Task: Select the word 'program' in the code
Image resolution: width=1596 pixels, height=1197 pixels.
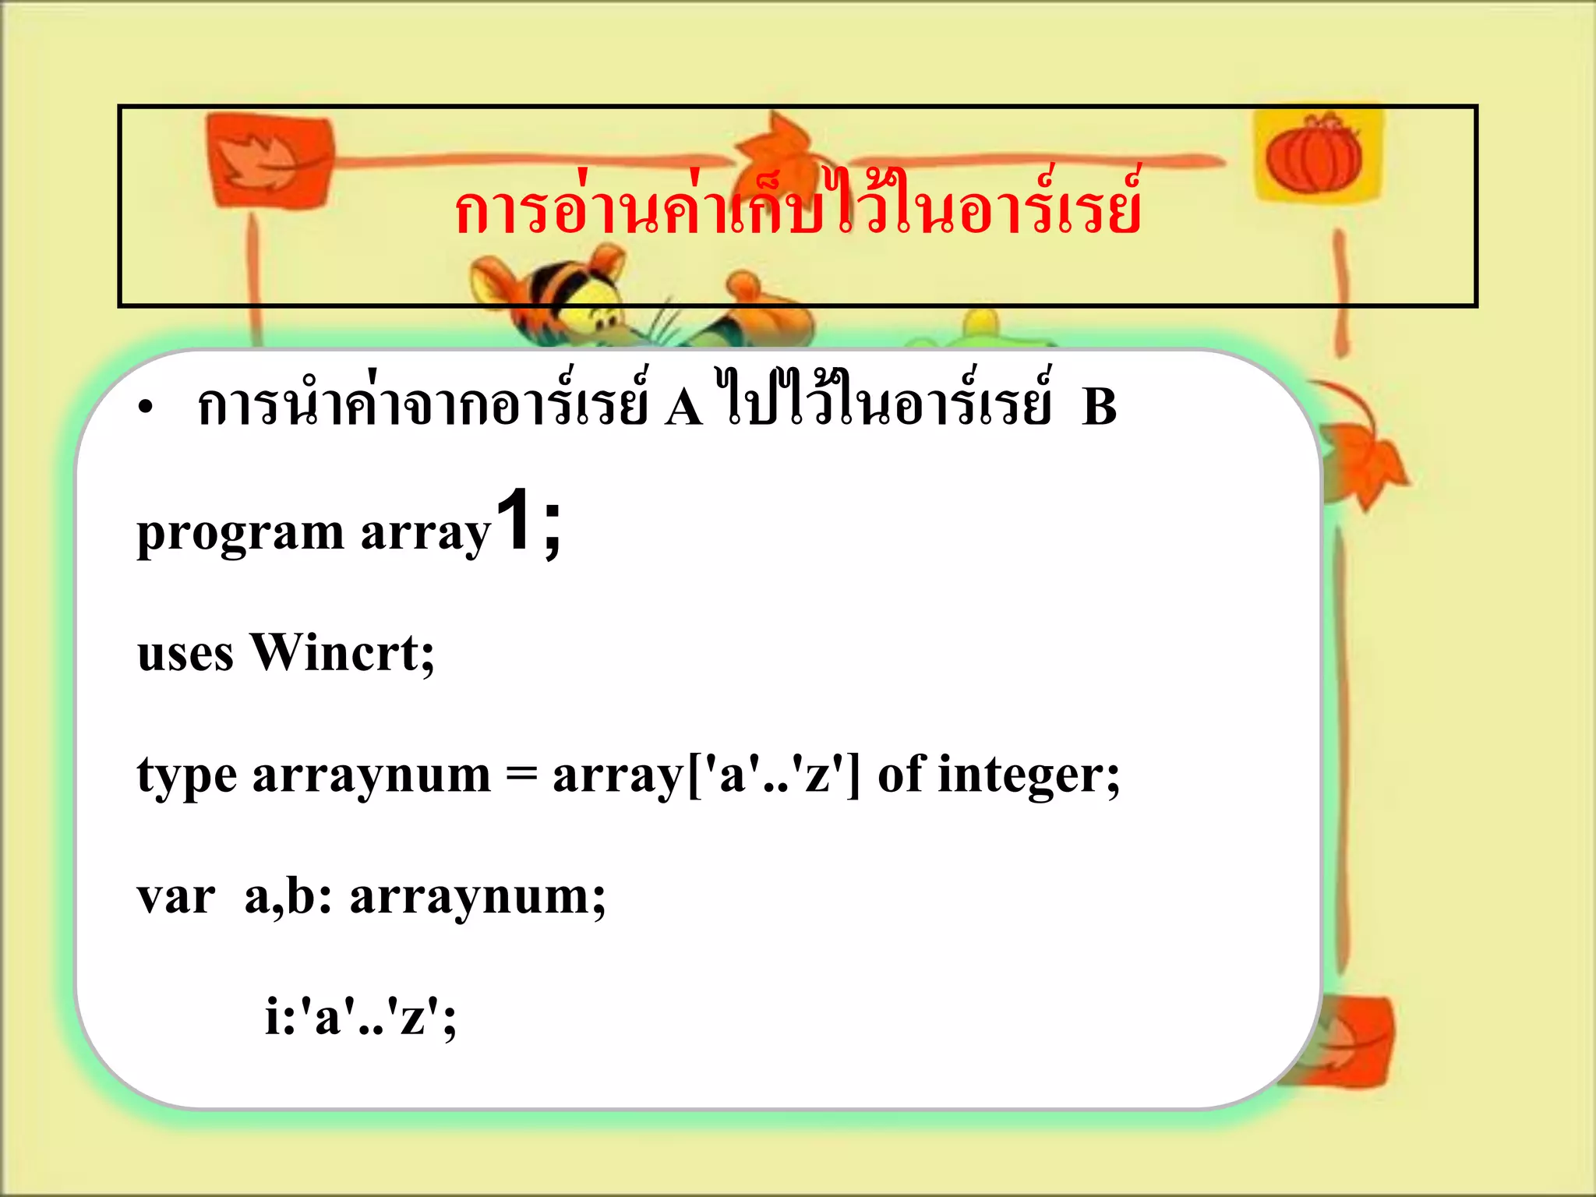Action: pos(240,535)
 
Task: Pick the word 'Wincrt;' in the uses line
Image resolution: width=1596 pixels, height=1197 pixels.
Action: pos(342,653)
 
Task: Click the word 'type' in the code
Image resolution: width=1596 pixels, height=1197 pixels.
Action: pos(187,777)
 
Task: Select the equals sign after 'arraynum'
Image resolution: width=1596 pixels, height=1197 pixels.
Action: pos(521,775)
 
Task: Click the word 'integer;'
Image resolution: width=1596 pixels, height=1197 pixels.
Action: pos(1029,777)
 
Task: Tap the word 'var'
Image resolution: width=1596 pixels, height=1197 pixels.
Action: pos(176,897)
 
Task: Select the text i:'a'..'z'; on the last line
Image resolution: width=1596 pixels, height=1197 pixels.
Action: pos(361,1017)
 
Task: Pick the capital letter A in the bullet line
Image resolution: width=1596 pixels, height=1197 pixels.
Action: pos(683,407)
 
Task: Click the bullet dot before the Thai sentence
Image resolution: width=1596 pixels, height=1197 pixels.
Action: pos(145,408)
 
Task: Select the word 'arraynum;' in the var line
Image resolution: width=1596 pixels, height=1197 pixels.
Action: pos(477,899)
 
